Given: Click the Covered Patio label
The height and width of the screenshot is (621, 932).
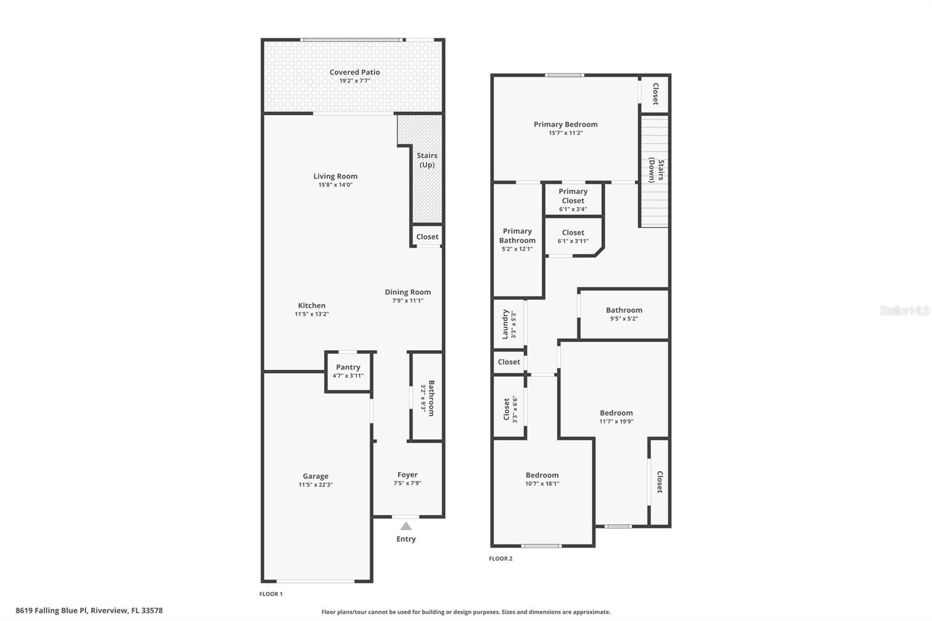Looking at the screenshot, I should click(354, 72).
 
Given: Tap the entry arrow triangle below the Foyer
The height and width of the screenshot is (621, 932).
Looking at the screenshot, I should click(406, 526).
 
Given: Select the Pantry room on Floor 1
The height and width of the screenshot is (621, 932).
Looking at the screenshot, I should click(348, 371).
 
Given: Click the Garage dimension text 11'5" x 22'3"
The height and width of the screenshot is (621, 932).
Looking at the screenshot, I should click(315, 485).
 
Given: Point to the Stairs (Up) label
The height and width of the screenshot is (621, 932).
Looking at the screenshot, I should click(427, 160).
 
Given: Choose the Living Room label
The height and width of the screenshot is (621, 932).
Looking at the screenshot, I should click(335, 176).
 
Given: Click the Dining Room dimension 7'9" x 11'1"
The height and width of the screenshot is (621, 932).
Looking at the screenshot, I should click(408, 301).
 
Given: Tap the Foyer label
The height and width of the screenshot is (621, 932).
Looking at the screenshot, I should click(407, 475).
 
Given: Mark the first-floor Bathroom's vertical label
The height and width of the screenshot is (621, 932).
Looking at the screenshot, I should click(431, 398).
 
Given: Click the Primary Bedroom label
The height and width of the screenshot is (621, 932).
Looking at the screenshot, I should click(565, 124).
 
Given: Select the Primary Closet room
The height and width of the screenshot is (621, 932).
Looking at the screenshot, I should click(573, 199).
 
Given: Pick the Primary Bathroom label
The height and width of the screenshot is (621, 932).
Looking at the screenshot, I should click(517, 235).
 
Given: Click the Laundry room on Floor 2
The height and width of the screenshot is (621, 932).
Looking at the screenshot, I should click(509, 324).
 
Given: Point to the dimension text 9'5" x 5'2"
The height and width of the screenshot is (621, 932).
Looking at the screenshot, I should click(624, 319).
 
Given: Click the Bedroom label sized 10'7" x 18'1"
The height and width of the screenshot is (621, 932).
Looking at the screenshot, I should click(542, 475).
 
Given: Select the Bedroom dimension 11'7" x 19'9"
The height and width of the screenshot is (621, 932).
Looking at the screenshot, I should click(616, 421).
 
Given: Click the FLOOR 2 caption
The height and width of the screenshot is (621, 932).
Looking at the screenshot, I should click(500, 559).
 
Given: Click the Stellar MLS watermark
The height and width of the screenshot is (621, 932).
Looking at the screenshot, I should click(904, 310).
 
